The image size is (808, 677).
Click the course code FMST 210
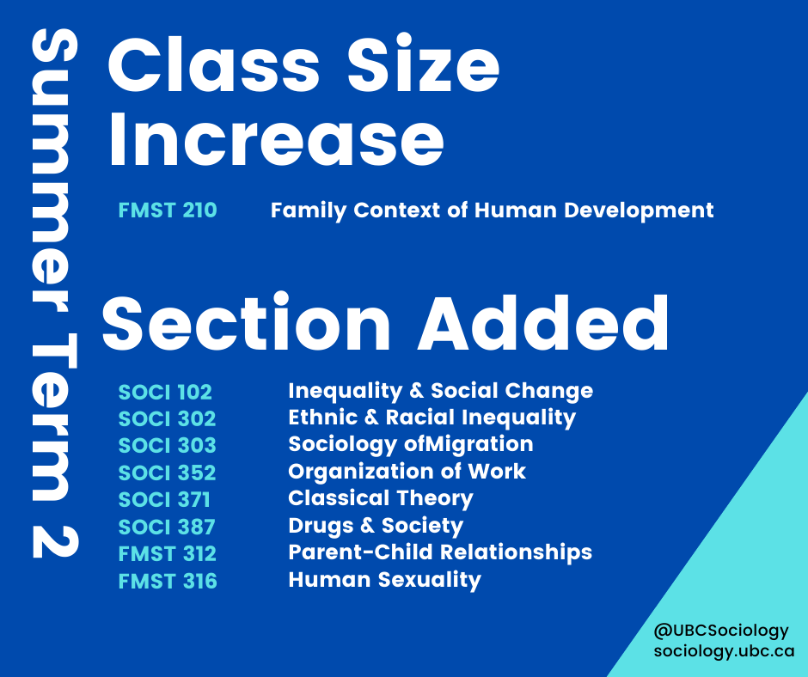pos(168,210)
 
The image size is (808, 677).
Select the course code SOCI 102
pos(165,392)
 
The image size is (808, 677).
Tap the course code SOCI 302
pos(167,419)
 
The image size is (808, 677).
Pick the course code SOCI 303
pos(167,446)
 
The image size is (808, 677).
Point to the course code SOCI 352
pos(167,473)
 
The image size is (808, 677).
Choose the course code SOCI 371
pos(164,500)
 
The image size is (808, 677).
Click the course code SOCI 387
pos(167,527)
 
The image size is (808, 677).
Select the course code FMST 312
pos(168,554)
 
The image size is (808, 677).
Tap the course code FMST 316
pos(168,581)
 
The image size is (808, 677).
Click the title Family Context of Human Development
pos(493,210)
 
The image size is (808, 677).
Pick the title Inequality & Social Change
pos(441,392)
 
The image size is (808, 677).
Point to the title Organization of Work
pos(407,472)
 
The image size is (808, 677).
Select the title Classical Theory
pos(381,499)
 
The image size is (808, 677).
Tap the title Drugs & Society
pos(376,526)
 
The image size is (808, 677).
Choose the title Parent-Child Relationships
pos(441,552)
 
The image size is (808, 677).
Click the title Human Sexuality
pos(385,580)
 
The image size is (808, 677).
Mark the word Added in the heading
pos(543,324)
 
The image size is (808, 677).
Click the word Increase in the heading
pos(276,139)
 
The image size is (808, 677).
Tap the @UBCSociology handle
pos(721,631)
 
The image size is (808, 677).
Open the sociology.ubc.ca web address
pos(724,651)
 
